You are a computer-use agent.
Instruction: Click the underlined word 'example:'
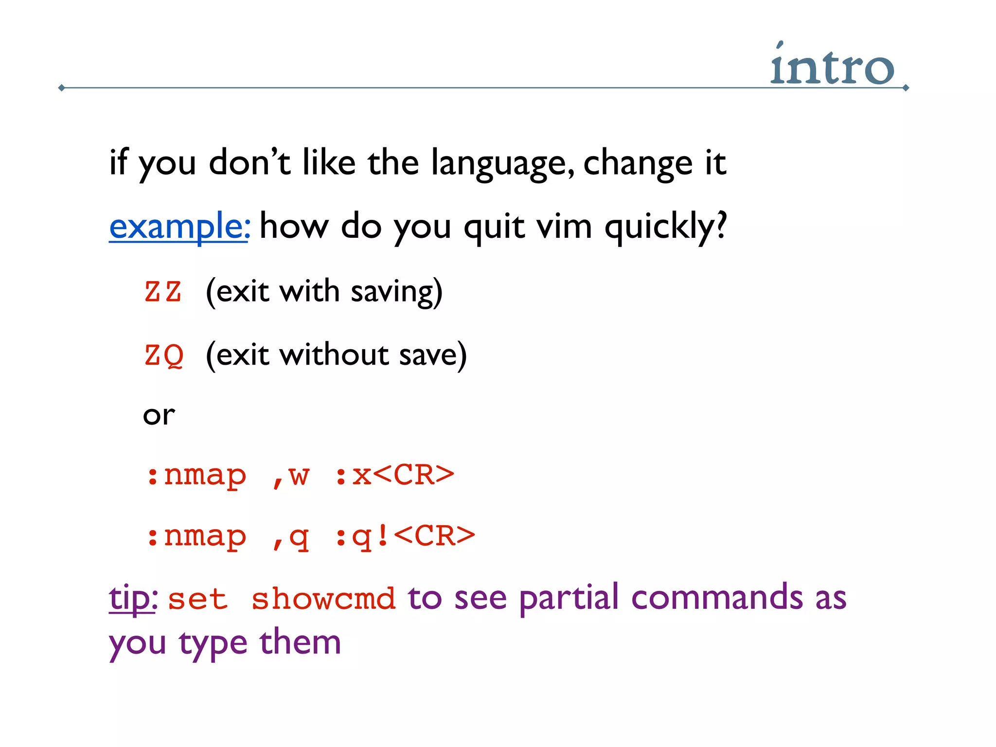point(179,227)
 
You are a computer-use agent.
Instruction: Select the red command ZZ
point(163,292)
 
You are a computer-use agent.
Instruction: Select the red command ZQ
point(164,356)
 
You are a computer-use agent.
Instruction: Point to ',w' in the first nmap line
point(291,476)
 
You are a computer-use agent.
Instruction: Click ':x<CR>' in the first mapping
point(394,475)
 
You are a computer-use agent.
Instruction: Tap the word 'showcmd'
point(323,599)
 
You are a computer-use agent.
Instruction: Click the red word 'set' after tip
point(197,599)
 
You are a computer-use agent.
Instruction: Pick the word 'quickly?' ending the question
point(666,227)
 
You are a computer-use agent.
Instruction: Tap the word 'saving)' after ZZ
point(396,292)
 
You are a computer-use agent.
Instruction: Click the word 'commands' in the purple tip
point(717,598)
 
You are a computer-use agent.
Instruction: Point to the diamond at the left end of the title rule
point(61,88)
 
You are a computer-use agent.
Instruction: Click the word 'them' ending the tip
point(300,642)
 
